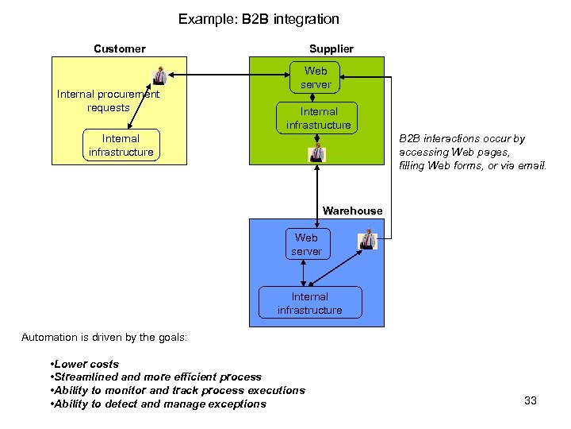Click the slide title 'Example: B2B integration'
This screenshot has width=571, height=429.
(x=259, y=18)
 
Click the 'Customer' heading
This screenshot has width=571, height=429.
(x=119, y=48)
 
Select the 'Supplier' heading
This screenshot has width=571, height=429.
(x=331, y=48)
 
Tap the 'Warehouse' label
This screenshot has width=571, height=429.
(x=352, y=211)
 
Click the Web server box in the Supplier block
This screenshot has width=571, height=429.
(x=316, y=78)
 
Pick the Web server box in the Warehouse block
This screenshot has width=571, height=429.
(x=306, y=245)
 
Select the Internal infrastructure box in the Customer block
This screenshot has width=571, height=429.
(x=121, y=145)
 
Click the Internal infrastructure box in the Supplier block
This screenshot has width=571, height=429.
(x=318, y=118)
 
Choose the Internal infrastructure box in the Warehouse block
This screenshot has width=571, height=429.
(x=309, y=303)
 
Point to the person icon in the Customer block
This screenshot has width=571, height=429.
(x=159, y=75)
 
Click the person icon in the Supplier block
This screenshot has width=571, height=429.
(x=317, y=153)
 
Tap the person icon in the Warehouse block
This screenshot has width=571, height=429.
(x=368, y=239)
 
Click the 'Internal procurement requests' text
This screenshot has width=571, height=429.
(x=108, y=101)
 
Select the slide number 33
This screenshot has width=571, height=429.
(x=531, y=400)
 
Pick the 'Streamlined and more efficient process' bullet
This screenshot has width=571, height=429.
(x=155, y=377)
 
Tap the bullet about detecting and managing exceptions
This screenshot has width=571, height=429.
(x=158, y=404)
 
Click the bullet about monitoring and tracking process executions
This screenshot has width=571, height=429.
(x=177, y=390)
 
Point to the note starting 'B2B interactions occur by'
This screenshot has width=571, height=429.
(x=473, y=152)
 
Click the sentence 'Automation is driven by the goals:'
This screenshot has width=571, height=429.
(x=104, y=337)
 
